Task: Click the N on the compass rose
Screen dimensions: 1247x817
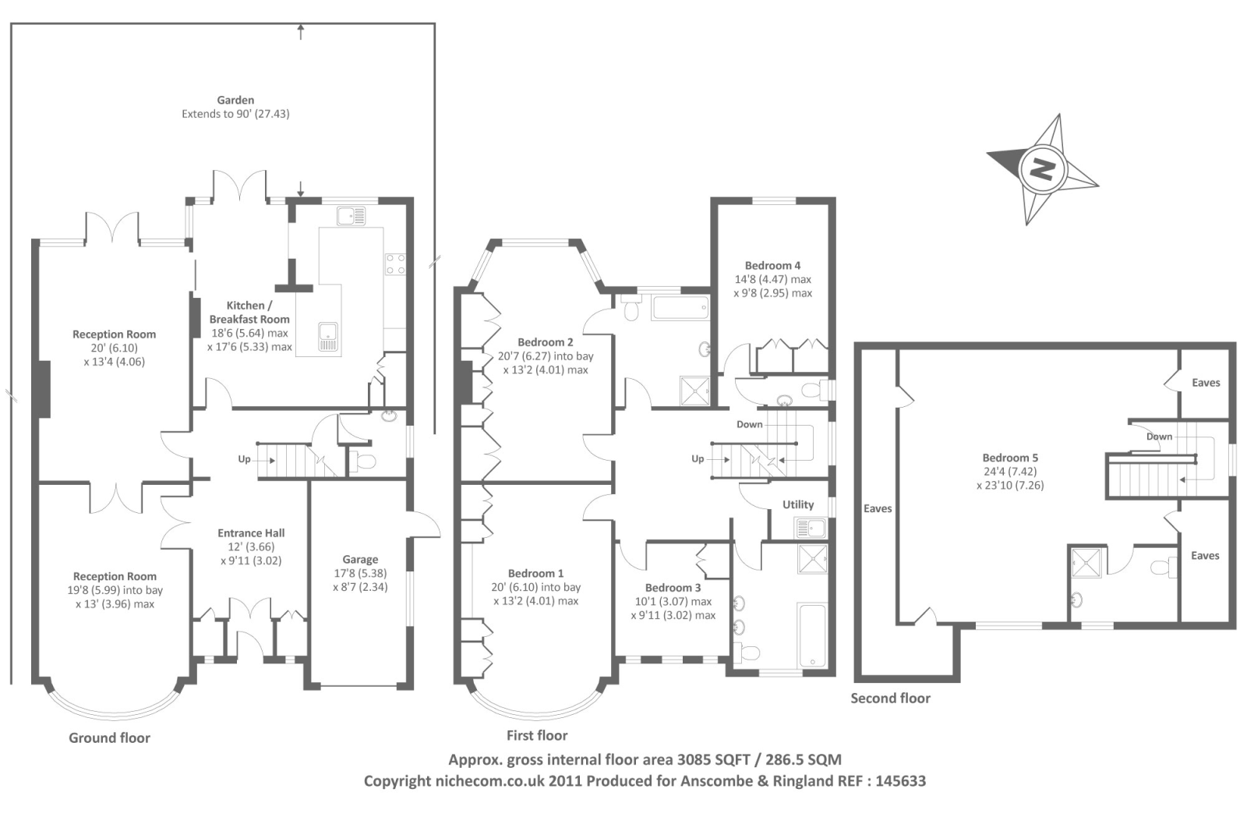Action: (1041, 168)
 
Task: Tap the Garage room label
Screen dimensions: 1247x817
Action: (360, 559)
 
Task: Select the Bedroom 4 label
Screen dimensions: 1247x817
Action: (772, 265)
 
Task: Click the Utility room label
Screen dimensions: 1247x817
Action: (798, 504)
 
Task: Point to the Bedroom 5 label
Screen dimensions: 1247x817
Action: (1010, 458)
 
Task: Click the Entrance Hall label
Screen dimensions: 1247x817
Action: (251, 533)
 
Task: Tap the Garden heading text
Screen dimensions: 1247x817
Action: (235, 101)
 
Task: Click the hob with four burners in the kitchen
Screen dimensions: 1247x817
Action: (395, 264)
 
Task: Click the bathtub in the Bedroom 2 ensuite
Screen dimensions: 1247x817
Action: (681, 308)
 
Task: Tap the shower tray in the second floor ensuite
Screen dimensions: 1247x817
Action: (1086, 563)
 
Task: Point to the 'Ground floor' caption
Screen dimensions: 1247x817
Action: (109, 738)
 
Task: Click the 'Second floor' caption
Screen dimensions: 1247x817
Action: (890, 699)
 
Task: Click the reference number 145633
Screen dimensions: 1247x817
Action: (901, 781)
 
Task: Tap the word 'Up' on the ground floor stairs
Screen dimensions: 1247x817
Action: (245, 459)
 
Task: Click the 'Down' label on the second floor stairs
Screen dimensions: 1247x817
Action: (1159, 437)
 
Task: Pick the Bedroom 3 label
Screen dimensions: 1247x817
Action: (673, 588)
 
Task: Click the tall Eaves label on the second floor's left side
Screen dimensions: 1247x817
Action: (878, 508)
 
